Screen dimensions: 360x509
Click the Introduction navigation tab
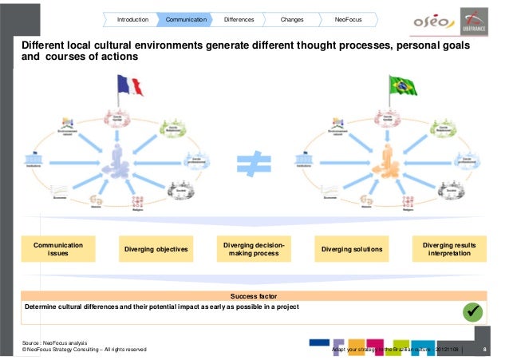132,18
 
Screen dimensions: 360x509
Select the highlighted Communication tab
185,18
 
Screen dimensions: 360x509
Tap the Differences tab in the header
239,18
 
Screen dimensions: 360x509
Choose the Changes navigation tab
291,18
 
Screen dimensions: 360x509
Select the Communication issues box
58,248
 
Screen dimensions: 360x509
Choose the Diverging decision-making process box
254,248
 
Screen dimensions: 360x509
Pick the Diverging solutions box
352,250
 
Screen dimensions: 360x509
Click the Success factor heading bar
254,295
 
